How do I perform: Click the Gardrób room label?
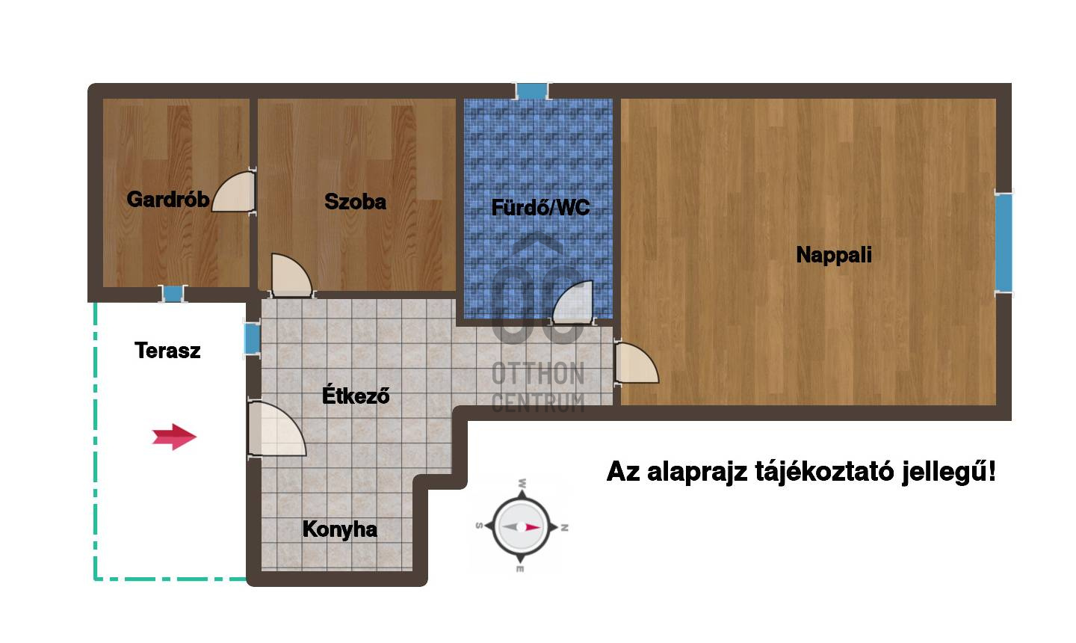click(x=167, y=200)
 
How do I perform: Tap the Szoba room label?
click(x=355, y=201)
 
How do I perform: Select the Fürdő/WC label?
click(x=540, y=208)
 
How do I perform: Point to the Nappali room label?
click(x=834, y=255)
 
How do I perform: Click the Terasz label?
click(x=167, y=351)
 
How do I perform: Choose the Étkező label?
click(x=356, y=395)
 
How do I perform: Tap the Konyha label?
click(x=339, y=529)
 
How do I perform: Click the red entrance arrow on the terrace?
click(x=174, y=437)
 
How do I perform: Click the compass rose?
click(x=522, y=527)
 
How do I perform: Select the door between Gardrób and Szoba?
click(x=235, y=192)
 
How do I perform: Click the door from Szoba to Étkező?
click(x=291, y=276)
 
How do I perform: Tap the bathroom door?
click(x=574, y=303)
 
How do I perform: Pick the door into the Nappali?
click(x=637, y=363)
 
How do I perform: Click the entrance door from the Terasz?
click(x=276, y=428)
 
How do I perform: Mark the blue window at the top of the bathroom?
click(x=532, y=90)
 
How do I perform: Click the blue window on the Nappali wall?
click(x=1004, y=243)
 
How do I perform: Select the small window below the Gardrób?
click(x=173, y=294)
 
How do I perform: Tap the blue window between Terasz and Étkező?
click(x=253, y=339)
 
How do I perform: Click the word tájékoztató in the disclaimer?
click(x=824, y=472)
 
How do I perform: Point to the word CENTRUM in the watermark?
click(x=538, y=403)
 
